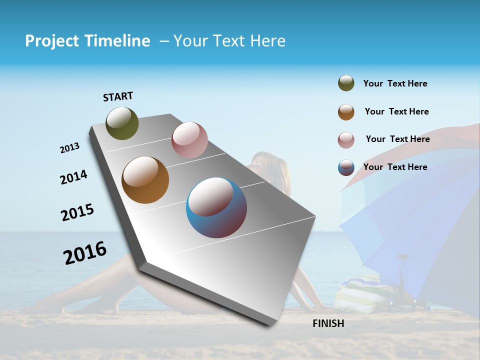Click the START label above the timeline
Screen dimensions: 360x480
[118, 96]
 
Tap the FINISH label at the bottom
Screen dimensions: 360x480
[328, 323]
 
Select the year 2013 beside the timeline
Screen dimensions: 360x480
[69, 148]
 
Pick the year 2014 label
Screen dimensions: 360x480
[73, 177]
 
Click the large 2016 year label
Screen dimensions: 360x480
[85, 253]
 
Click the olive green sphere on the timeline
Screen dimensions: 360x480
[122, 123]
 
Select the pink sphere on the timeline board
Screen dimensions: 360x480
[189, 139]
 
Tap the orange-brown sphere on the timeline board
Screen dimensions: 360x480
[145, 180]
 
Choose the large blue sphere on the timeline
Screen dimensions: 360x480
[216, 207]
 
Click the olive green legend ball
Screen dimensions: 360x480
[346, 83]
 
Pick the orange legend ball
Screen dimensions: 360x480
[346, 112]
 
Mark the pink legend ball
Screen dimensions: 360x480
[346, 140]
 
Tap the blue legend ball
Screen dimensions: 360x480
[346, 168]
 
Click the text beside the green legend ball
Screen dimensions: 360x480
[395, 83]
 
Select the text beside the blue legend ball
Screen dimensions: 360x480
[395, 167]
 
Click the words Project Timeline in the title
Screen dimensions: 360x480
[87, 41]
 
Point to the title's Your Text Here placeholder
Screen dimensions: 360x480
[229, 41]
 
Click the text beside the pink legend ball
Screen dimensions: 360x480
[397, 139]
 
